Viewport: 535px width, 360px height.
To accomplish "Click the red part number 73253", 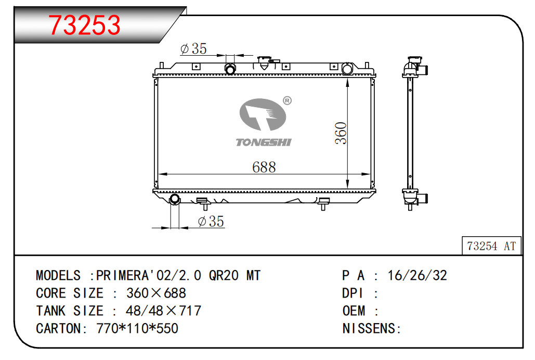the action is click(84, 25).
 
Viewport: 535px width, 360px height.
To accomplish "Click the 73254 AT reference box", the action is click(491, 246).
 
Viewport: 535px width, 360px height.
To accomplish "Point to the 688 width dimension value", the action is click(264, 167).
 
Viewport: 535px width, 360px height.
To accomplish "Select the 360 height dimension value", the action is click(341, 133).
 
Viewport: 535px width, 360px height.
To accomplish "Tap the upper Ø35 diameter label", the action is click(193, 49).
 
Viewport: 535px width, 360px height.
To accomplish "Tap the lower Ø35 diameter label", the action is click(211, 221).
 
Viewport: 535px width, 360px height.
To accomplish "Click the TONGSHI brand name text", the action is click(264, 142).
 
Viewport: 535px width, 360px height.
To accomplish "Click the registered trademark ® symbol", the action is click(288, 100).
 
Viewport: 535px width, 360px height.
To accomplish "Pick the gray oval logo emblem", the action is click(263, 114).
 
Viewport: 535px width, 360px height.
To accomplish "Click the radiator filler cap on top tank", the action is click(264, 62).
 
